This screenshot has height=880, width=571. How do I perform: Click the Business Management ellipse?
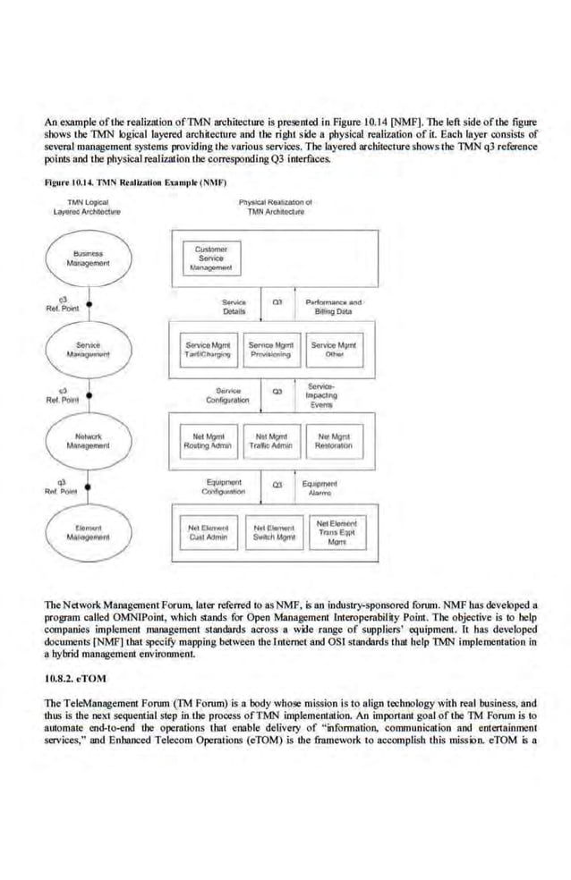tap(91, 258)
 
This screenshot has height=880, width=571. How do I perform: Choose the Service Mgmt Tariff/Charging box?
tap(208, 349)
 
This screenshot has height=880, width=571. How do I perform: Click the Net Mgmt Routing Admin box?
tap(208, 440)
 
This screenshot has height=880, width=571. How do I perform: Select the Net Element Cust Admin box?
tap(208, 533)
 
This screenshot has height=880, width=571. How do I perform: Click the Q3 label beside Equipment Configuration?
tap(277, 485)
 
